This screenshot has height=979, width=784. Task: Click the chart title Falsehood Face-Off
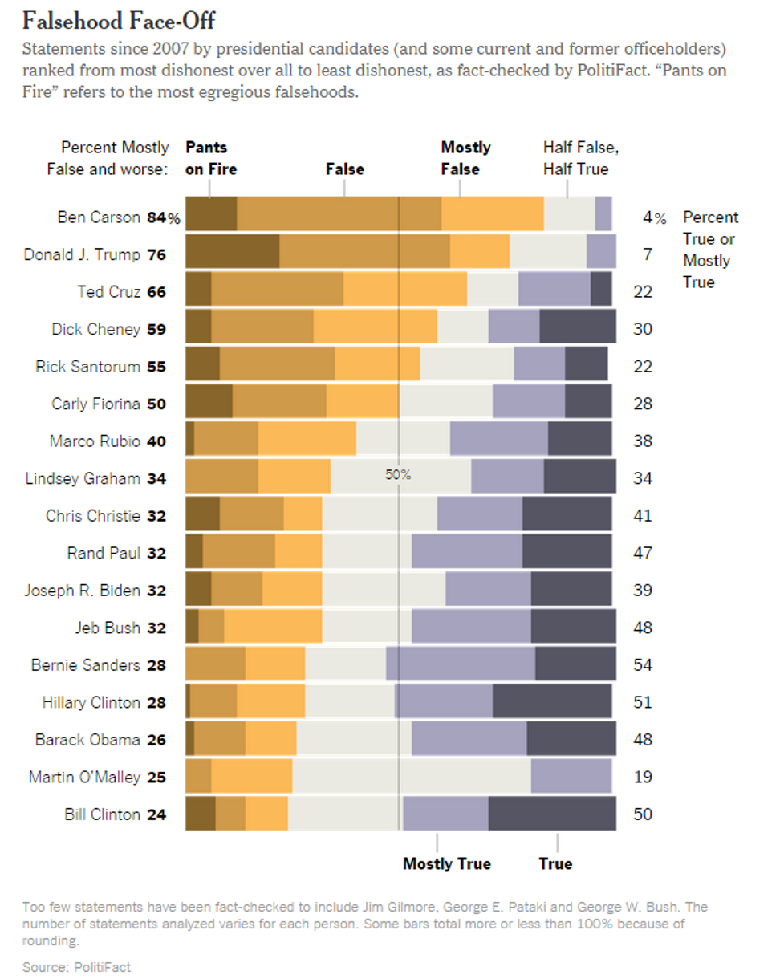(119, 19)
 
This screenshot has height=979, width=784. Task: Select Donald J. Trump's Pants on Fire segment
(232, 252)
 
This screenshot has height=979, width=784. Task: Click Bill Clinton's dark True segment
(552, 814)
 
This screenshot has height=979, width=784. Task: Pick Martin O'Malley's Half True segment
(412, 776)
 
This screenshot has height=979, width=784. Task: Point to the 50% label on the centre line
(398, 474)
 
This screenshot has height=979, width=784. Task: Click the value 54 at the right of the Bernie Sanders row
(642, 664)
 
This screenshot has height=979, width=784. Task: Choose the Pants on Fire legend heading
(211, 158)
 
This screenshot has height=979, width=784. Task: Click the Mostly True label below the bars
(446, 863)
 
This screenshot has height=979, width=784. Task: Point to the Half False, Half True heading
(581, 158)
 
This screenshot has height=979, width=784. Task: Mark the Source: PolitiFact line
(76, 966)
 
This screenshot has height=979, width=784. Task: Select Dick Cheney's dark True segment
(578, 327)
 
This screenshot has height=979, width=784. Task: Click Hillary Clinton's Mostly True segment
(445, 701)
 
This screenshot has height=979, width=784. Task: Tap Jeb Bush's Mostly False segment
(273, 627)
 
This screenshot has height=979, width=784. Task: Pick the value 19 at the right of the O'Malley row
(642, 776)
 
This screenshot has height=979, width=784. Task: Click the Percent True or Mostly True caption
(710, 250)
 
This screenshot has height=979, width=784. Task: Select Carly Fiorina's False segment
(279, 401)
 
